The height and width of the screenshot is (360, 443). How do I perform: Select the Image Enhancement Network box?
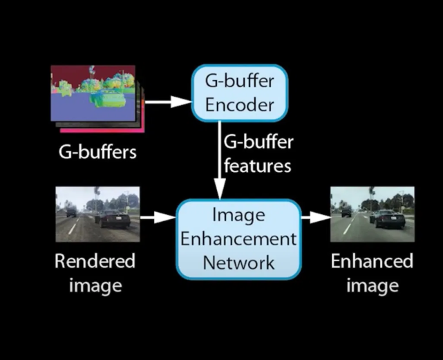pyautogui.click(x=239, y=238)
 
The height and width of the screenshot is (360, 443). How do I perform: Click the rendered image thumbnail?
pyautogui.click(x=97, y=214)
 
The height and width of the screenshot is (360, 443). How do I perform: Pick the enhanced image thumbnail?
pyautogui.click(x=372, y=214)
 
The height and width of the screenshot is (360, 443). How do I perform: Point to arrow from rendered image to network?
pyautogui.click(x=158, y=218)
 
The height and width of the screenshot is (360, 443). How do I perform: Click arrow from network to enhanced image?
pyautogui.click(x=316, y=218)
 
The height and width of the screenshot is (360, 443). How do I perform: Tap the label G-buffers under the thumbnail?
pyautogui.click(x=97, y=151)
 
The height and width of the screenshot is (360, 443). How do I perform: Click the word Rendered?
pyautogui.click(x=95, y=262)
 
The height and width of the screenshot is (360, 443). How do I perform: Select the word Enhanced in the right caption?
pyautogui.click(x=372, y=262)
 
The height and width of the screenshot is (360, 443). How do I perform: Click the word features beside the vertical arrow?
pyautogui.click(x=257, y=166)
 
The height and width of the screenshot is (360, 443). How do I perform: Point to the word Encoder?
pyautogui.click(x=240, y=105)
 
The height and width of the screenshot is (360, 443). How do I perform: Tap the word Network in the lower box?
pyautogui.click(x=239, y=262)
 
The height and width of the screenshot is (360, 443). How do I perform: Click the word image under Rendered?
pyautogui.click(x=95, y=285)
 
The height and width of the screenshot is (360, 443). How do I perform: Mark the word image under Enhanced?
pyautogui.click(x=372, y=285)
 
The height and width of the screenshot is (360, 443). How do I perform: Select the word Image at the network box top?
pyautogui.click(x=239, y=216)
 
